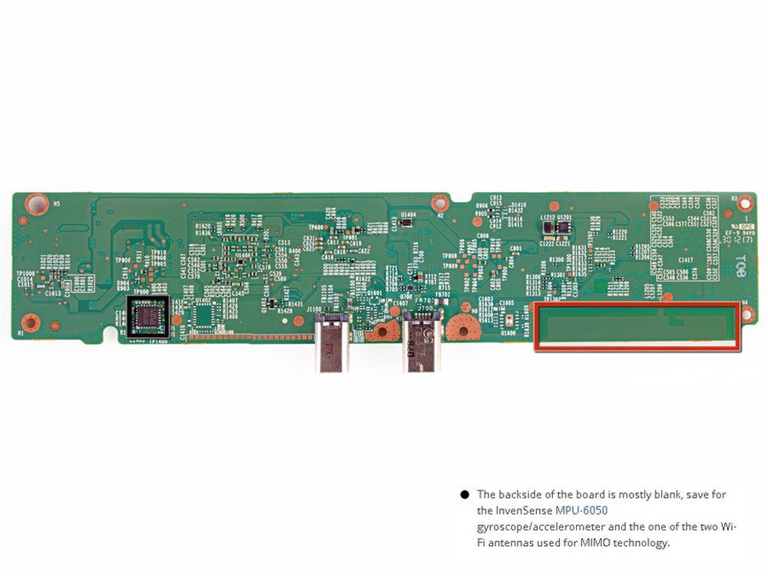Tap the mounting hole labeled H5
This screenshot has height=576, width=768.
click(35, 204)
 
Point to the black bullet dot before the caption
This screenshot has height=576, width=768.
click(465, 495)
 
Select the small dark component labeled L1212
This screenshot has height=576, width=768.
click(547, 228)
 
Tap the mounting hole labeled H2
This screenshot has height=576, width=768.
click(440, 204)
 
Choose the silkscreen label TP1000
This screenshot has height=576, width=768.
click(26, 273)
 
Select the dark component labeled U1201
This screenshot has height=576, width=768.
click(564, 228)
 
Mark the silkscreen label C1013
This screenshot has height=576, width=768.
click(53, 293)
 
